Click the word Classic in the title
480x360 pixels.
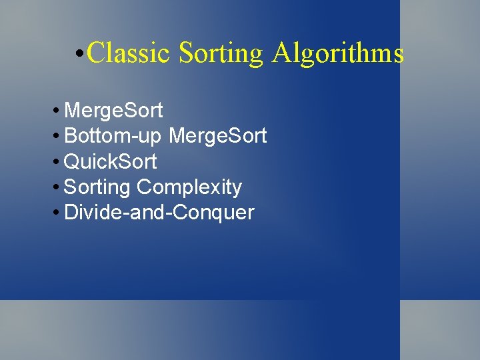(129, 53)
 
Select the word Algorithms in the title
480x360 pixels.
(337, 53)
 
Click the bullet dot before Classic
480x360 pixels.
(79, 53)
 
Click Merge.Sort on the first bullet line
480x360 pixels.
(113, 109)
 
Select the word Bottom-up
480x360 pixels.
(113, 135)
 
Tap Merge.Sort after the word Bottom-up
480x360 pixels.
(218, 135)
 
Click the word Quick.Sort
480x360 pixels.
(111, 161)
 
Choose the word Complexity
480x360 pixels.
(189, 187)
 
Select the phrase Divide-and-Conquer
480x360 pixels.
(159, 213)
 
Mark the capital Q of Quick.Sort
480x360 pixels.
(72, 161)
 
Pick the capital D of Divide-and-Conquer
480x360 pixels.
(71, 213)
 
